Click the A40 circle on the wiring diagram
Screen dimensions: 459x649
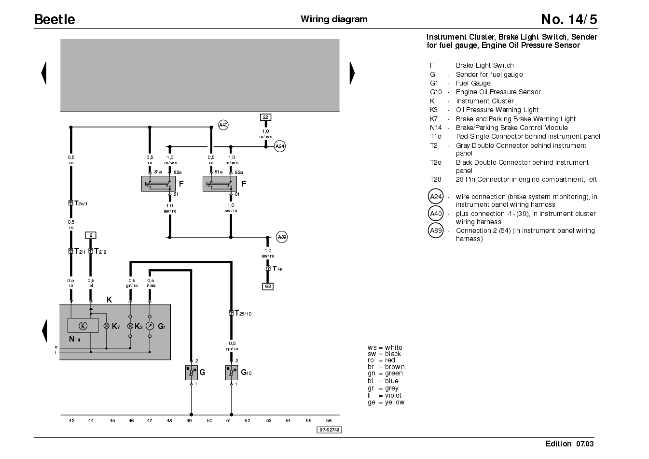(x=223, y=125)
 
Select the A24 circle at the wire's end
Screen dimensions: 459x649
(x=280, y=146)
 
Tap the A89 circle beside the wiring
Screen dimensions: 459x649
(x=282, y=237)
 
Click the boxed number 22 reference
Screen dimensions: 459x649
(x=265, y=117)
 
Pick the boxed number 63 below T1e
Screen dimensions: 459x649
(x=268, y=287)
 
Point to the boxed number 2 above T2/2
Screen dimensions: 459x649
(x=91, y=235)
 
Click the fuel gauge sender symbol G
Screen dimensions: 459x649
(x=192, y=373)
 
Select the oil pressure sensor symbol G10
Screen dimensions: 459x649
(x=232, y=373)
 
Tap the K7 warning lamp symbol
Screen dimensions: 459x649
(x=107, y=326)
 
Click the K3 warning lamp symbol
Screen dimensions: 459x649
(x=130, y=326)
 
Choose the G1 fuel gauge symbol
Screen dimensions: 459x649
(x=150, y=326)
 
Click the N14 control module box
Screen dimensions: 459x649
(x=83, y=326)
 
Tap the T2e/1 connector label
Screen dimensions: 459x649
(x=81, y=203)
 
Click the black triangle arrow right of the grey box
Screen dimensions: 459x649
(x=352, y=73)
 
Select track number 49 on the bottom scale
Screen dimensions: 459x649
(x=189, y=421)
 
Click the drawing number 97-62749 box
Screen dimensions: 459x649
(x=329, y=430)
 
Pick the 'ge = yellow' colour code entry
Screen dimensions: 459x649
(x=386, y=402)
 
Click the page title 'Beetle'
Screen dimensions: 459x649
(x=55, y=19)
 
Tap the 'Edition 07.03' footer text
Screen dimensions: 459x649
(x=569, y=444)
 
